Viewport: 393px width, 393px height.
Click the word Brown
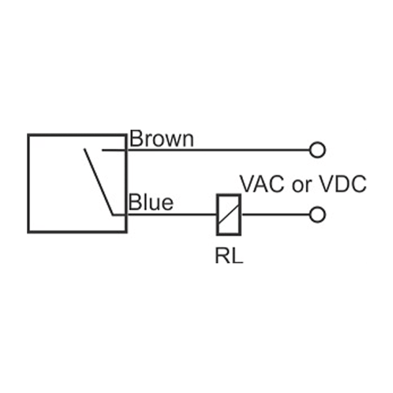pos(162,139)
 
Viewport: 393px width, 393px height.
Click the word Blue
pos(151,202)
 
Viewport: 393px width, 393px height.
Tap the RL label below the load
pos(229,254)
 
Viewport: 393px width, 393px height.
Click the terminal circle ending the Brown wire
pos(317,150)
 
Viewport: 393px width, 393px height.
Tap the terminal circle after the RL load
pos(317,214)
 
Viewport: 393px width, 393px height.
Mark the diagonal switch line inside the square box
pos(98,181)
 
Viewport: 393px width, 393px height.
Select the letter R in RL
pos(223,254)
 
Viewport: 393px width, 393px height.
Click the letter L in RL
pos(236,254)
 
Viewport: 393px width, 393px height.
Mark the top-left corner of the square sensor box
pos(28,135)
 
